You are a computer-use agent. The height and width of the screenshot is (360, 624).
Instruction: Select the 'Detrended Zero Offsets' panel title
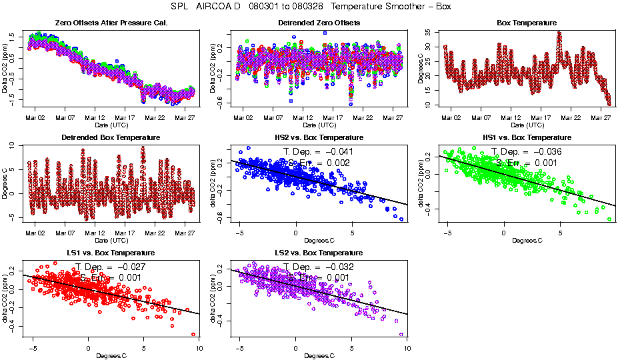click(319, 23)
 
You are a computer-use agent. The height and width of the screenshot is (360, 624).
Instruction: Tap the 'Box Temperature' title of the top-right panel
click(527, 23)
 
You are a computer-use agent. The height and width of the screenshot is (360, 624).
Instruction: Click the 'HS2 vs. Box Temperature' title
click(319, 138)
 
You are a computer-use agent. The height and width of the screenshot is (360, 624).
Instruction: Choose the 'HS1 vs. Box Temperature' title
click(527, 138)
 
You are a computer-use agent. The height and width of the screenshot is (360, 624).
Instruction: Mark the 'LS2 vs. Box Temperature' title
click(319, 253)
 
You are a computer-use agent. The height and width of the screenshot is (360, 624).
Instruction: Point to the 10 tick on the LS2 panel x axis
click(406, 347)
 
